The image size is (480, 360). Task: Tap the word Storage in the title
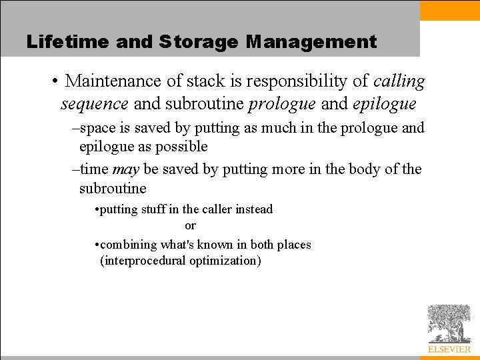tap(198, 42)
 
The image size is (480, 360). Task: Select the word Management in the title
tap(311, 42)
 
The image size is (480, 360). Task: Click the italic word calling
tap(399, 81)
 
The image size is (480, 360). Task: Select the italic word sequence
tap(94, 104)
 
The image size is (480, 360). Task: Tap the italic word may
tap(125, 169)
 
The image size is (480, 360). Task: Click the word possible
tap(181, 147)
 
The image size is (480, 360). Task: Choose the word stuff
tap(149, 209)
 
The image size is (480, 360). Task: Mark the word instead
tap(254, 209)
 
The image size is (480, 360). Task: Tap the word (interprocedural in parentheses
tap(143, 261)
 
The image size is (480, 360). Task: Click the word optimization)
tap(225, 261)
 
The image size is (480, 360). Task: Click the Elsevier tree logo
tap(449, 323)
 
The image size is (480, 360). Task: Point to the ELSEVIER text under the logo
tap(449, 349)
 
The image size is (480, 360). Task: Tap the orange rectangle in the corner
tap(450, 10)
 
